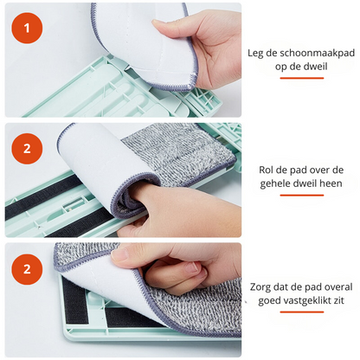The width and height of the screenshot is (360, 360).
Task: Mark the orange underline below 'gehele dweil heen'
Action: (x=301, y=201)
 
